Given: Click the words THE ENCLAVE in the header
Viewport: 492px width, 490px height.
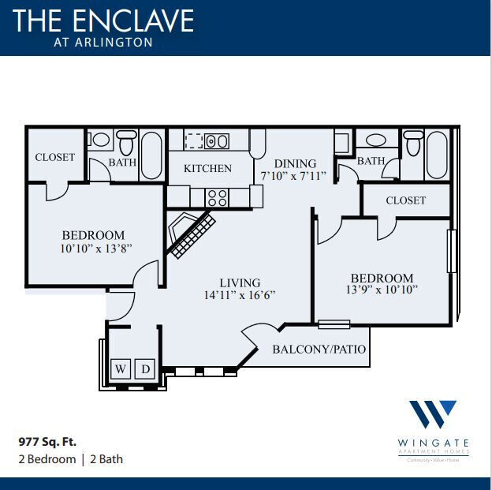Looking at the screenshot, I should coord(103,20).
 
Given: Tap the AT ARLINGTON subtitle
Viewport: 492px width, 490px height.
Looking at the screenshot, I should coord(103,43).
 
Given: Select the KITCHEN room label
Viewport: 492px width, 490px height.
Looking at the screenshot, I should coord(207,168).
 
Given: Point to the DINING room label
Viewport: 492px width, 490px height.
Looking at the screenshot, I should coord(295,163).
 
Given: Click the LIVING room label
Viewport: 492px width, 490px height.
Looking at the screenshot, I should coord(240,283).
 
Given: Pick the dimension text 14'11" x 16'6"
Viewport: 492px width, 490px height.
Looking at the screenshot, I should coord(239,296).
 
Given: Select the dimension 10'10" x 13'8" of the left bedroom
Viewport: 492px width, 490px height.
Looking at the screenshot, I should coord(93,249).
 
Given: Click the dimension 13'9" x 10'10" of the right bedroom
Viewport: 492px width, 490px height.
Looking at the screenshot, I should coord(382,290).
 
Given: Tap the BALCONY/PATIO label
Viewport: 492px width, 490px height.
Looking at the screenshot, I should coord(319,349).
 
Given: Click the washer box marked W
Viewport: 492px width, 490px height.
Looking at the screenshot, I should coord(121,368).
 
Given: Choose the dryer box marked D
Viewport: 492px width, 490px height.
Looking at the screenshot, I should coord(145,368).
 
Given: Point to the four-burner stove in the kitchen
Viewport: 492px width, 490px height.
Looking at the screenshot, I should coord(218,197).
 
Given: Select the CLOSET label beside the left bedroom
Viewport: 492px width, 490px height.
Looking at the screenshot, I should coord(54,157).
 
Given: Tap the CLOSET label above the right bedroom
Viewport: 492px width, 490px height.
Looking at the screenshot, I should coord(405,200).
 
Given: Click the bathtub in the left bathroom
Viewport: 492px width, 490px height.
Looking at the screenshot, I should coord(151,155).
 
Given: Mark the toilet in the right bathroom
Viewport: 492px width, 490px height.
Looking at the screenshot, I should coord(412,145).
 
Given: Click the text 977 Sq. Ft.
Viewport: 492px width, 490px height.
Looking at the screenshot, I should coord(47,442).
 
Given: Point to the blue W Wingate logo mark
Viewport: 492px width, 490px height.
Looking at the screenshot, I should coord(432,416).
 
